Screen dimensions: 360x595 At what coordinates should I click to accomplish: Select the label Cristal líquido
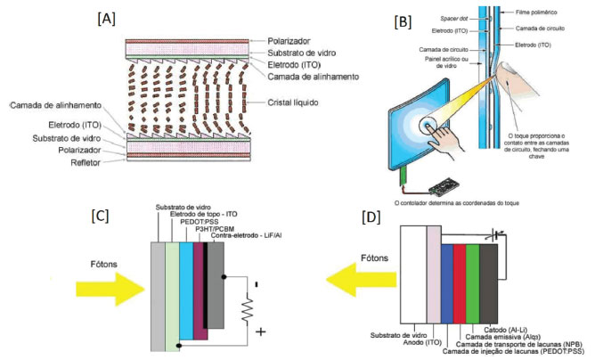point(303,102)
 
